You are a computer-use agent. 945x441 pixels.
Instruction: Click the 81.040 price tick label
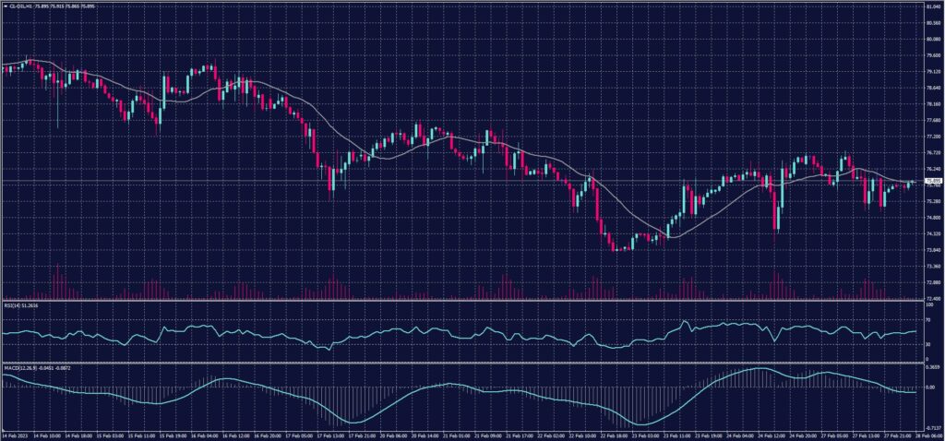coord(931,6)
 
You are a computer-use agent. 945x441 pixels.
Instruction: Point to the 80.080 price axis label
coord(931,40)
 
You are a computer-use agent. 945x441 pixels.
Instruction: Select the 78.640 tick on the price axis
coord(931,89)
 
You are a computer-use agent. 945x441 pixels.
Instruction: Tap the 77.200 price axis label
coord(931,137)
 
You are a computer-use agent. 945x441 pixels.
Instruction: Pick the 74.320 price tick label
coord(931,233)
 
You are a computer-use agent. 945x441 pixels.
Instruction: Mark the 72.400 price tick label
coord(931,298)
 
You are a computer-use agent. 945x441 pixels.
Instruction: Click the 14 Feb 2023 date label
coord(16,435)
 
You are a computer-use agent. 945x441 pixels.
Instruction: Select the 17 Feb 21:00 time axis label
coord(358,435)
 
